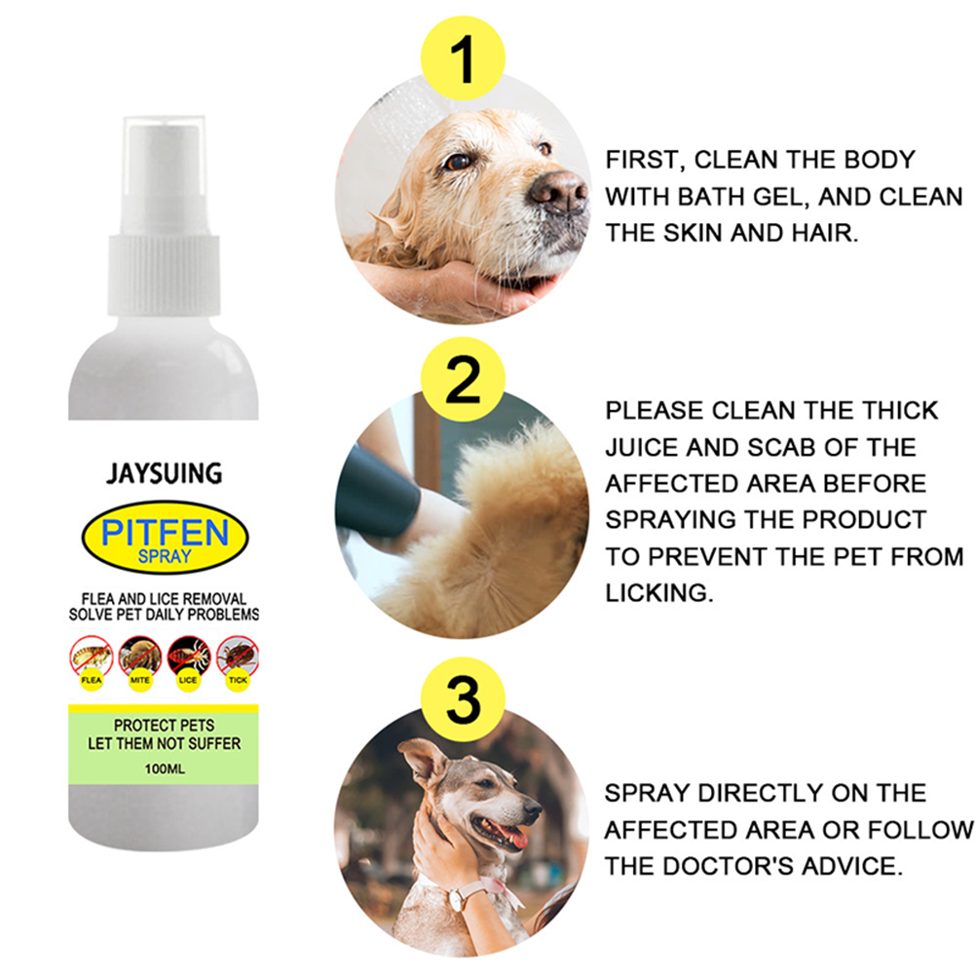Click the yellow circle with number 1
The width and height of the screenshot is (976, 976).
[x=463, y=57]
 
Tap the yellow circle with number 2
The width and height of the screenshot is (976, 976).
[x=463, y=379]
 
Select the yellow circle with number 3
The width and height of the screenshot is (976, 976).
[x=463, y=699]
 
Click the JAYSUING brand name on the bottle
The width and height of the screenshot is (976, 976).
[x=165, y=473]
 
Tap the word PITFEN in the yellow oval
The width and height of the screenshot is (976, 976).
[x=165, y=532]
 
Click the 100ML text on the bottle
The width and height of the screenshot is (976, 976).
[x=165, y=770]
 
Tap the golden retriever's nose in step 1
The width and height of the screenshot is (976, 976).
[x=558, y=191]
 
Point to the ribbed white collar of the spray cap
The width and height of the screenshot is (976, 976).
[x=164, y=275]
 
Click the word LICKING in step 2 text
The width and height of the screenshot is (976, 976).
[x=659, y=593]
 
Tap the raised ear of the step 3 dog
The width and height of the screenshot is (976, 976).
[x=424, y=761]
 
